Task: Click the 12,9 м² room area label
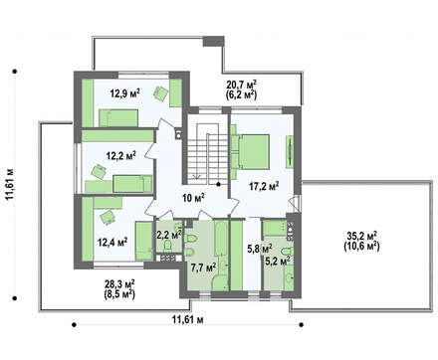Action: click(x=124, y=93)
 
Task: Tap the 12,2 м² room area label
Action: click(x=120, y=155)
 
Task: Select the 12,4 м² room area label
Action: click(x=112, y=242)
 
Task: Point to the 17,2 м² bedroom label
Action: click(x=264, y=186)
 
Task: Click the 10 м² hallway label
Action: click(x=193, y=198)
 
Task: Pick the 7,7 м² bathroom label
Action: click(x=204, y=267)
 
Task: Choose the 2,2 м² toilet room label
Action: click(x=168, y=235)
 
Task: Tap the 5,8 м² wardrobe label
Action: click(x=260, y=248)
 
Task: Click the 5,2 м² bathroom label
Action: click(x=278, y=261)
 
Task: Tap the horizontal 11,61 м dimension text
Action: click(x=187, y=319)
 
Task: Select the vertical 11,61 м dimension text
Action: click(x=10, y=184)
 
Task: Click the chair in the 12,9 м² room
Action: click(x=160, y=92)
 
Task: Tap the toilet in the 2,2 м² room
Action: click(x=167, y=246)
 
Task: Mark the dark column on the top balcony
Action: click(x=214, y=41)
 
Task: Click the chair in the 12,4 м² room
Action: click(x=108, y=217)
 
